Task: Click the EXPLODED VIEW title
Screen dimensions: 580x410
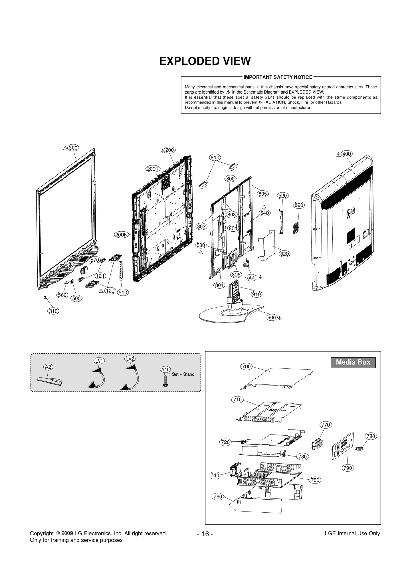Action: tap(205, 61)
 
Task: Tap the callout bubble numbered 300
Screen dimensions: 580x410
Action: tap(73, 148)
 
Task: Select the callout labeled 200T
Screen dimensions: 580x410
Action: tap(152, 169)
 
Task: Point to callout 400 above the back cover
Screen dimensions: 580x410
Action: tap(347, 154)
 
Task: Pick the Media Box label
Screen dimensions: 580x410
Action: tap(353, 362)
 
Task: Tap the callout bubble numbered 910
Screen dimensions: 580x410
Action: tap(257, 294)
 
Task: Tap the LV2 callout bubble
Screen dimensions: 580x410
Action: tap(130, 359)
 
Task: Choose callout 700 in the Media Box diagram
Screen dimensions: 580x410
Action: tap(246, 367)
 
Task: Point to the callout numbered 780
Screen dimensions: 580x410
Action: tap(371, 436)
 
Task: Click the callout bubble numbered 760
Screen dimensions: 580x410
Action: tap(218, 496)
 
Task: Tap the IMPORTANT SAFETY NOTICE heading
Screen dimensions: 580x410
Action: tap(278, 77)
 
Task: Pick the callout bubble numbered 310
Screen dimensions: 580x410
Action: tap(53, 311)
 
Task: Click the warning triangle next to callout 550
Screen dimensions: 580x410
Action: tap(261, 277)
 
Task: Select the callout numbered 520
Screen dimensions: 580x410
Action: tap(282, 196)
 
